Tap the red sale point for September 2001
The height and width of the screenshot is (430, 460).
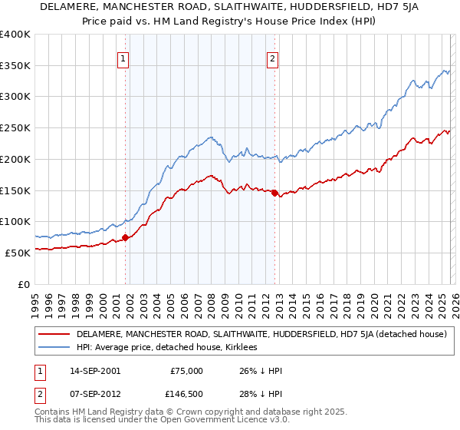pos(125,237)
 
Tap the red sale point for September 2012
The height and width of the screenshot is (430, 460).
pos(274,193)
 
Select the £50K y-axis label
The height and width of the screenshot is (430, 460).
pos(17,252)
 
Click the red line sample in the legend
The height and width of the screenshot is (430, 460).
pos(54,335)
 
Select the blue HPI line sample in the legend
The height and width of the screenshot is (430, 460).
pos(54,348)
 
